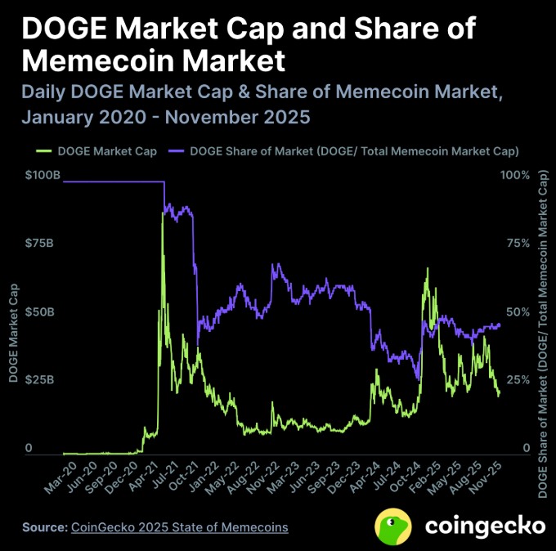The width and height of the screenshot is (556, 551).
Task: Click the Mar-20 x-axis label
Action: coord(56,477)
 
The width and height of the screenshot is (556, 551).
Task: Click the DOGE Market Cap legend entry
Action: coord(90,151)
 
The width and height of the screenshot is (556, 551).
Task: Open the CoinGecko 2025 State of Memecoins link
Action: coord(180,527)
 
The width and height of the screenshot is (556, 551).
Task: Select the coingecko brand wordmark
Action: coord(484,525)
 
